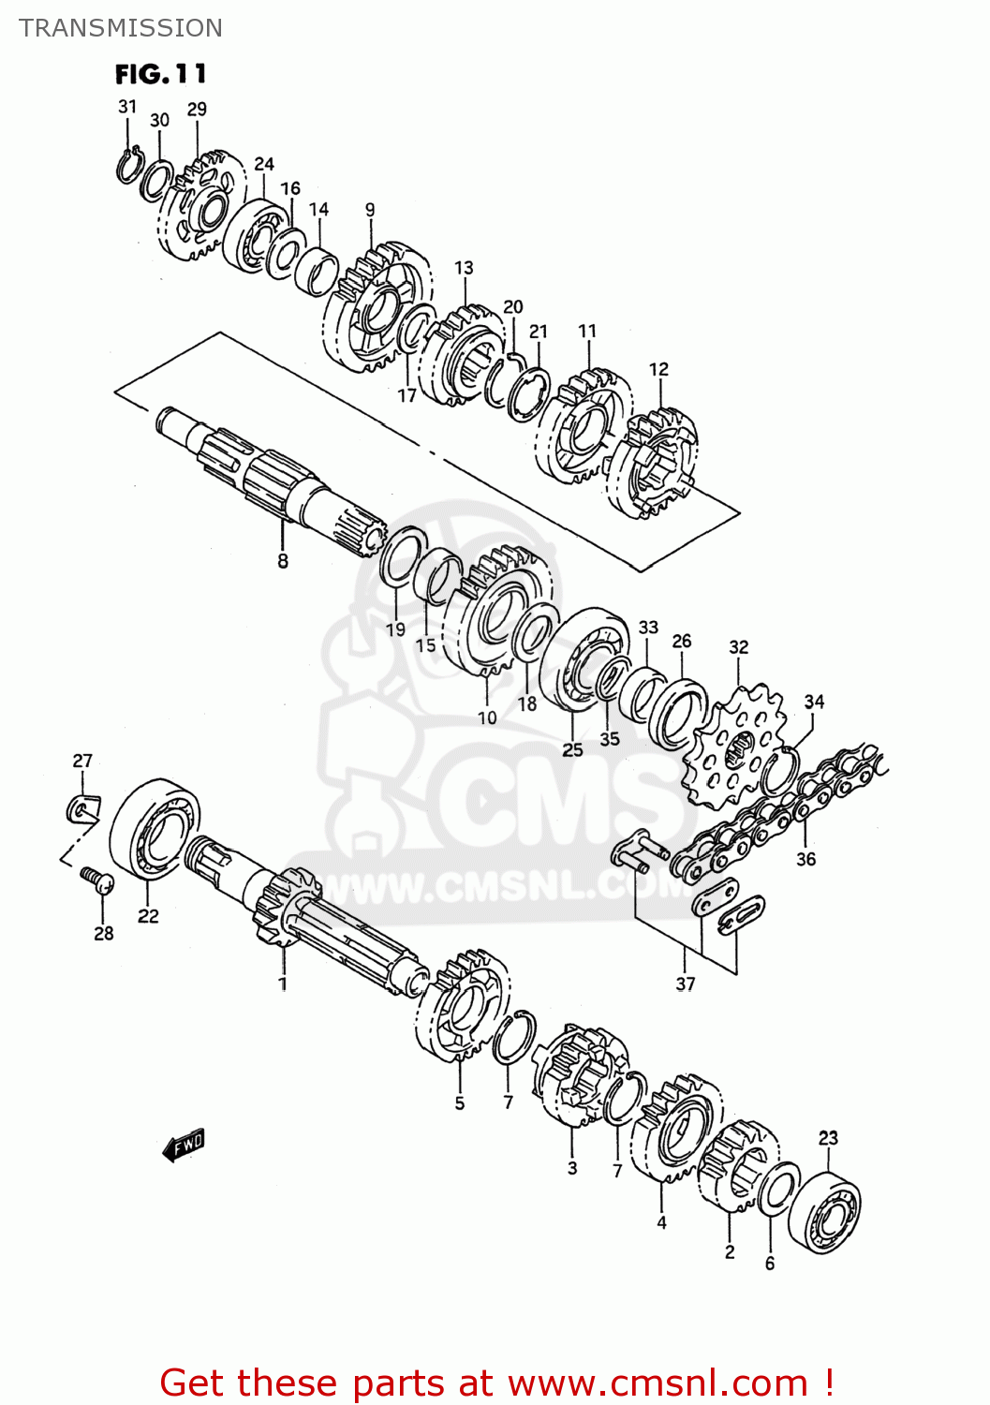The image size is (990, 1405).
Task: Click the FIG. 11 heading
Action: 160,74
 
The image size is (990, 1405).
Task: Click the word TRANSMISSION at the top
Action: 121,28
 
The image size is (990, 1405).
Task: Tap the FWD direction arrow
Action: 184,1145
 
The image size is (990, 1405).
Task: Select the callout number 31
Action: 127,107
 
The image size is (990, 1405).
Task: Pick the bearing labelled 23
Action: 825,1208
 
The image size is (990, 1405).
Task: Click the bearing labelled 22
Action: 155,828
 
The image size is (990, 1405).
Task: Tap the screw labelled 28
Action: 97,879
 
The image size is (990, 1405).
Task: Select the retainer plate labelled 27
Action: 83,807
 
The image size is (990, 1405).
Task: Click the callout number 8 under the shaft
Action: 283,561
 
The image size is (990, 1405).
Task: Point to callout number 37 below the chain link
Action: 686,983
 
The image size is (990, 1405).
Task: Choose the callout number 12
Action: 658,369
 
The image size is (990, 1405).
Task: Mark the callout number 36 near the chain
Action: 805,859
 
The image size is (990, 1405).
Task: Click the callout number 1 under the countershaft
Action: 282,983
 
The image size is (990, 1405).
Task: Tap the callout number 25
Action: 572,749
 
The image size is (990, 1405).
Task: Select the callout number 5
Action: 460,1103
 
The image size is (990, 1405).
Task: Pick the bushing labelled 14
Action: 318,272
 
